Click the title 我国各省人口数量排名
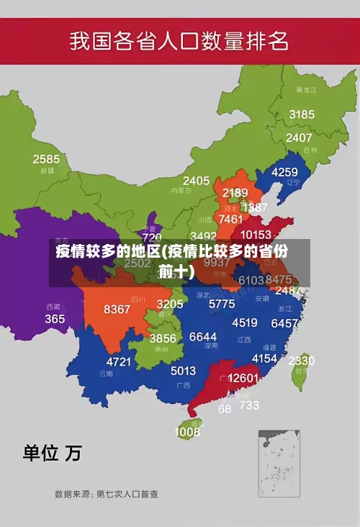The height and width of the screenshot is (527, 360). [179, 41]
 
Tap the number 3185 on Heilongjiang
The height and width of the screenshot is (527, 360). [302, 114]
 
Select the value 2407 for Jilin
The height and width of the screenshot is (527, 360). [299, 138]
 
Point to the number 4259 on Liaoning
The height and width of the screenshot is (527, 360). [284, 172]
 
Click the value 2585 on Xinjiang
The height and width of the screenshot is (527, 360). [46, 159]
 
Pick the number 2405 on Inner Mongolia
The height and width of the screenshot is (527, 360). [196, 181]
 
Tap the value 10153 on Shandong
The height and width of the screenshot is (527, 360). [256, 235]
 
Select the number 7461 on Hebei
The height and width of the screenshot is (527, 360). [230, 219]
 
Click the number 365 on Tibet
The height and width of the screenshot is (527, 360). [55, 318]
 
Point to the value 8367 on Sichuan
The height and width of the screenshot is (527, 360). [117, 309]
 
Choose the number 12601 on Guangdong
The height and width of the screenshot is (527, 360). [243, 378]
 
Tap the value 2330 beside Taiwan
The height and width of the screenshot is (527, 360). [301, 361]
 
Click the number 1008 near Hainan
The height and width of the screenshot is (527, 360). [187, 432]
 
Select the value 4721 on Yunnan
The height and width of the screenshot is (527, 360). [119, 361]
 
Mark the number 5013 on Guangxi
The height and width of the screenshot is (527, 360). [183, 371]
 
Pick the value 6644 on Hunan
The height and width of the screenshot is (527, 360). [202, 337]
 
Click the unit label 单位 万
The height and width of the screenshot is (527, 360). [52, 453]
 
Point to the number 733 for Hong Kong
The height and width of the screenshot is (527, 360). [249, 405]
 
